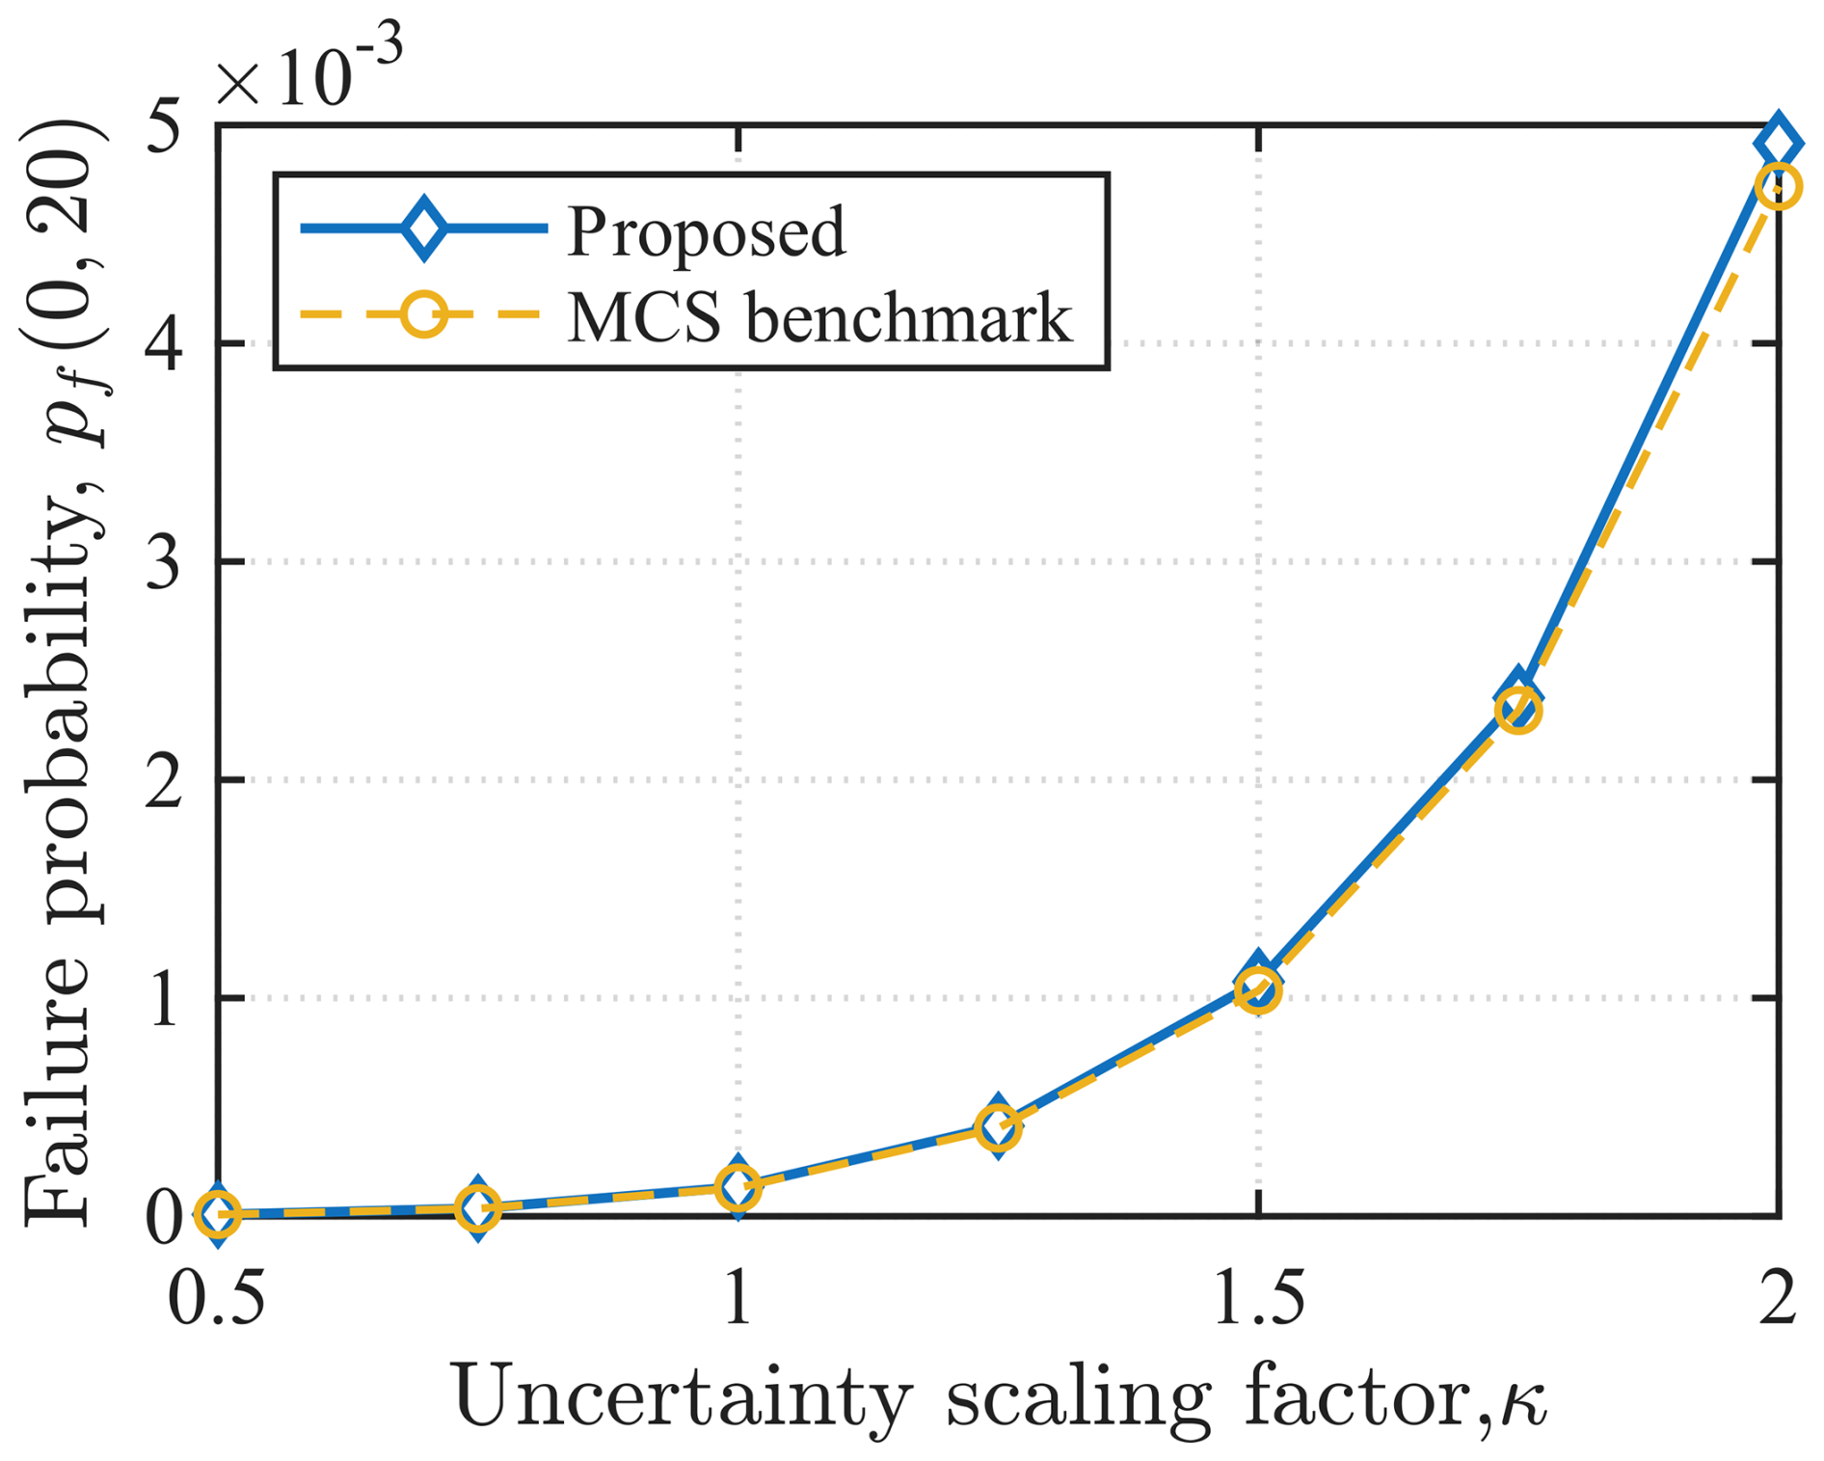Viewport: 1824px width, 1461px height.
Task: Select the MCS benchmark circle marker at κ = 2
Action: [x=1778, y=187]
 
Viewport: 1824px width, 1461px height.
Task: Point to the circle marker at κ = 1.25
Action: [x=998, y=1126]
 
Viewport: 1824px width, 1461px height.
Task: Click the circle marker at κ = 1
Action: [x=738, y=1186]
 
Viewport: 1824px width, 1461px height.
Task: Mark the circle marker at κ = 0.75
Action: [x=478, y=1207]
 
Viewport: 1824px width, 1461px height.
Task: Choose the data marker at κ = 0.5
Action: [x=218, y=1214]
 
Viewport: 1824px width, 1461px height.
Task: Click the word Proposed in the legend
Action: [x=706, y=231]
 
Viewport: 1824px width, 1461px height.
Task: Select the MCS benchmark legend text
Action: [x=819, y=318]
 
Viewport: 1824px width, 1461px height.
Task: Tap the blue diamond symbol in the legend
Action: [x=423, y=229]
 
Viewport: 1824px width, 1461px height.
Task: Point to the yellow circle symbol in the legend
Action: [x=423, y=315]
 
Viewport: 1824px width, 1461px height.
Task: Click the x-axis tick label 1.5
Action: [x=1258, y=1297]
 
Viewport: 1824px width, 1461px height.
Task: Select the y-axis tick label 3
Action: [x=164, y=561]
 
